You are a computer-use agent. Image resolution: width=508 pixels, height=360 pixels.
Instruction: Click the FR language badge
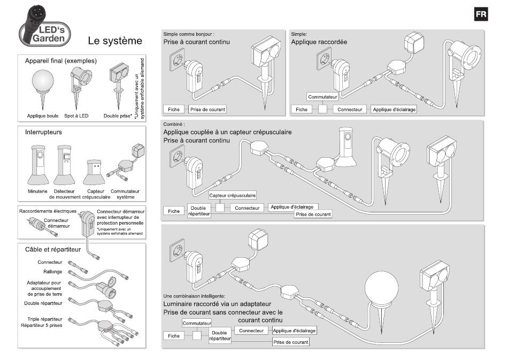(481, 14)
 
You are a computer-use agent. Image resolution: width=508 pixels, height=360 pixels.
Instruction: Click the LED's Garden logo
(45, 27)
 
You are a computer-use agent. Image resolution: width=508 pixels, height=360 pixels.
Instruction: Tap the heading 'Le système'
(115, 41)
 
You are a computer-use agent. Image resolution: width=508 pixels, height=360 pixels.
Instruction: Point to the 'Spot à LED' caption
(76, 116)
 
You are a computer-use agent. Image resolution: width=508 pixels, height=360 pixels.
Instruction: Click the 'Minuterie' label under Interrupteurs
(37, 191)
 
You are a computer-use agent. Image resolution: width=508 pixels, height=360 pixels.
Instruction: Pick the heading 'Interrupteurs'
(43, 132)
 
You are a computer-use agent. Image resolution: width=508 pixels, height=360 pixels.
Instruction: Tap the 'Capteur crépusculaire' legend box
(233, 195)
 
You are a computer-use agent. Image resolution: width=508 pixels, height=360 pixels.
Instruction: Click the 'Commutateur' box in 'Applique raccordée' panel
(322, 97)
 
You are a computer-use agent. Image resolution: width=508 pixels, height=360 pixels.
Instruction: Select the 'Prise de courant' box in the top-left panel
(207, 110)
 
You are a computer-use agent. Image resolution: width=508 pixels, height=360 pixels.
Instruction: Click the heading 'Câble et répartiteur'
(53, 249)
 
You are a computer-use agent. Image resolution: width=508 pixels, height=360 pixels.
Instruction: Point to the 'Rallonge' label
(53, 272)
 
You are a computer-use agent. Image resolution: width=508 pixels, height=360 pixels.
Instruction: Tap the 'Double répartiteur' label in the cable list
(43, 303)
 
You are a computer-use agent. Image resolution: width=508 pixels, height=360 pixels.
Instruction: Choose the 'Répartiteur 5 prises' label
(42, 325)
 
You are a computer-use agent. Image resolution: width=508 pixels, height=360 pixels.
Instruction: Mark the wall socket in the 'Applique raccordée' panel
(324, 59)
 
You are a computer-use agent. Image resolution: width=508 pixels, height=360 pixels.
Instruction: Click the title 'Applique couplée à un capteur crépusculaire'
(227, 132)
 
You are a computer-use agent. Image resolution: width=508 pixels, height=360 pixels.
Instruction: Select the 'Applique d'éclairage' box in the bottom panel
(294, 331)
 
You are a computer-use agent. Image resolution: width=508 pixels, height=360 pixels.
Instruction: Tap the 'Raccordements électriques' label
(48, 211)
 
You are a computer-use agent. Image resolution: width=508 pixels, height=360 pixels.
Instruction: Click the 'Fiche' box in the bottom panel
(174, 336)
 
